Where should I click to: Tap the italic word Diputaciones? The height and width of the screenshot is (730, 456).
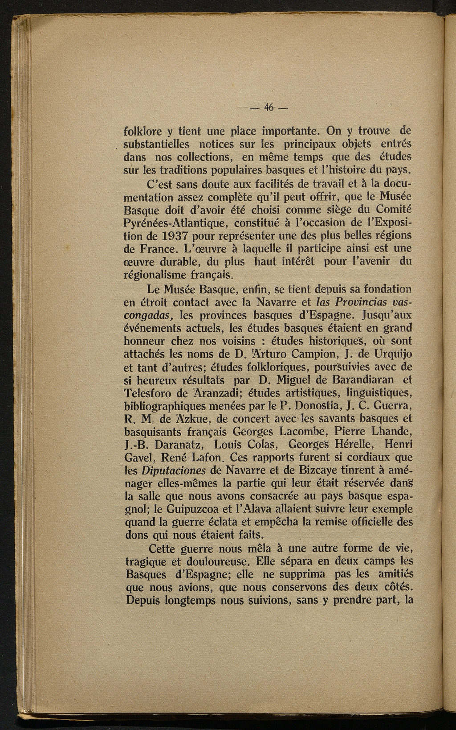tap(173, 471)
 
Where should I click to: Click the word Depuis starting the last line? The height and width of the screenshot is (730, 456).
tap(142, 600)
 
